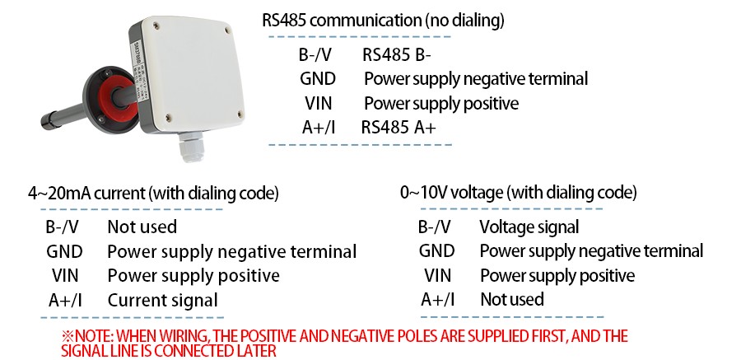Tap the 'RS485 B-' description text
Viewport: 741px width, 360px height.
click(x=397, y=56)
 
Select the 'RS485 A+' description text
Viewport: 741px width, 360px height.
click(x=398, y=128)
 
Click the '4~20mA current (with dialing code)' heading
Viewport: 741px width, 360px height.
click(x=153, y=194)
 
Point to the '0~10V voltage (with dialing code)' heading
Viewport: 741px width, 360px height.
click(x=518, y=194)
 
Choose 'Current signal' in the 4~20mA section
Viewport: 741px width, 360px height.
click(x=162, y=300)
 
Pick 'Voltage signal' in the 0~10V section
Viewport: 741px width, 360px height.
click(x=529, y=227)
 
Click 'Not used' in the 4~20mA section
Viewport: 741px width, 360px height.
click(x=142, y=227)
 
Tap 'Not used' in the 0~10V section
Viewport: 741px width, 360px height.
click(x=511, y=299)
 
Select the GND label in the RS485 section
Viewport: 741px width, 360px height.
click(x=318, y=80)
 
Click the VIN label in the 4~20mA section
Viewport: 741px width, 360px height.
click(x=65, y=276)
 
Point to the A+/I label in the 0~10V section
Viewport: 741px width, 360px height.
click(x=437, y=299)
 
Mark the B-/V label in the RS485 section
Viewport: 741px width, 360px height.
click(x=317, y=56)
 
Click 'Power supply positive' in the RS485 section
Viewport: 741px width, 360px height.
click(x=441, y=104)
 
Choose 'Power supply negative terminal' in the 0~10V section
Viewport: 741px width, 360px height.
click(x=591, y=251)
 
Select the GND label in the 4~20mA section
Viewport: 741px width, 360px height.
click(x=64, y=251)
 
